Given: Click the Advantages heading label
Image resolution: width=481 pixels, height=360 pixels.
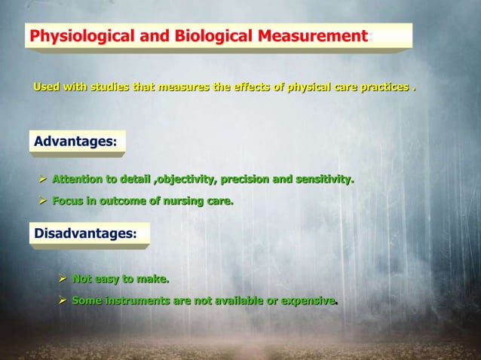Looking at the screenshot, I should pos(73,141).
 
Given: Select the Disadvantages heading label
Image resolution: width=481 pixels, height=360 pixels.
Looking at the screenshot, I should pos(84,233).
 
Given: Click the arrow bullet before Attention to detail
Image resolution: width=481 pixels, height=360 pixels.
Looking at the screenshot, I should pos(43,179).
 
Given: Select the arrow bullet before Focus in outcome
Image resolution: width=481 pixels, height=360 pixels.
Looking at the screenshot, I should pos(43,201).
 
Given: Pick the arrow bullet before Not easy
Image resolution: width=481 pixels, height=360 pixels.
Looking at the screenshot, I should pos(63,279).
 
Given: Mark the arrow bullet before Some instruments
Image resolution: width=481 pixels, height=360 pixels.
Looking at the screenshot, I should pos(63,301).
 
